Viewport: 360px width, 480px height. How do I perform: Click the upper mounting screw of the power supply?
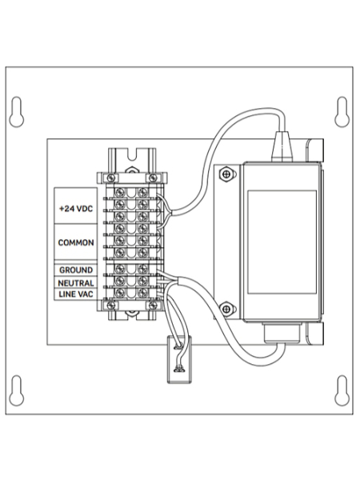(x=227, y=173)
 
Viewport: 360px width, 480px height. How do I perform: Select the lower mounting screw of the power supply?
(x=227, y=310)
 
